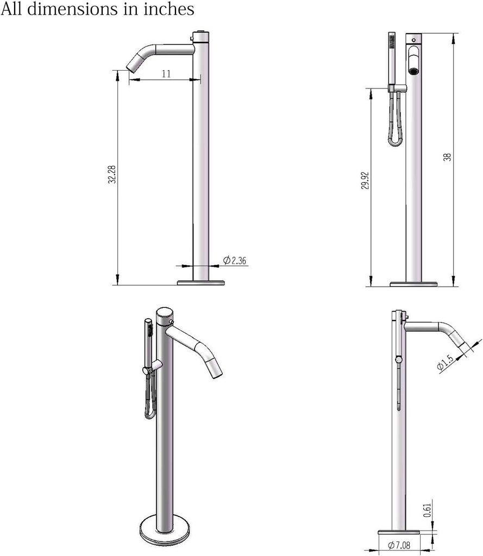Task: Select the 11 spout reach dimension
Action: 166,74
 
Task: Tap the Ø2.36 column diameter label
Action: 235,261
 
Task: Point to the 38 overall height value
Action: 447,157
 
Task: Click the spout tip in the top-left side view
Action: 132,67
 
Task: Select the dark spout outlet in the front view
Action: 413,71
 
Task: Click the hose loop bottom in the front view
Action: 393,142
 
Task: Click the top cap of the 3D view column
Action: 164,313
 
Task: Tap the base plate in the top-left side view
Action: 201,282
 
